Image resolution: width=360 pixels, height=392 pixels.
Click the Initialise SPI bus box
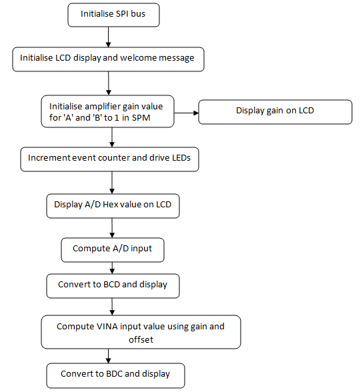[113, 15]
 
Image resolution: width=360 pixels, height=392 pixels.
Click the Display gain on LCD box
[275, 112]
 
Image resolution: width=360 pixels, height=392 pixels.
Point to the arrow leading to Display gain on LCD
[186, 113]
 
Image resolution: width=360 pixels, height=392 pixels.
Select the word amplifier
[103, 107]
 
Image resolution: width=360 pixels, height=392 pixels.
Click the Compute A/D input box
[113, 250]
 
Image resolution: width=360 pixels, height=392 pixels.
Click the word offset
[141, 340]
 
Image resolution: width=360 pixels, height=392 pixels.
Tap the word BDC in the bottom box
[114, 374]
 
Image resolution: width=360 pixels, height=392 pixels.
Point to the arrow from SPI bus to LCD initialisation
[108, 37]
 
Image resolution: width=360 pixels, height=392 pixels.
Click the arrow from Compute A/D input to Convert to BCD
[112, 268]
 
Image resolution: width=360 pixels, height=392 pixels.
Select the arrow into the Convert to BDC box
[108, 356]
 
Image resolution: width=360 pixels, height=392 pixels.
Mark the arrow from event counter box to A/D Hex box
[112, 183]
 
